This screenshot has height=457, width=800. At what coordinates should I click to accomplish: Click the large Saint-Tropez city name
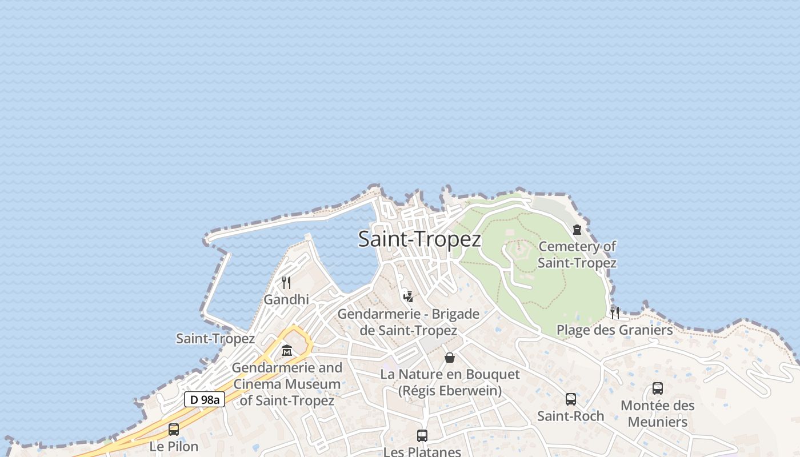419,239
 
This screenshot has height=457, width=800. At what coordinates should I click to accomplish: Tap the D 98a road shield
205,399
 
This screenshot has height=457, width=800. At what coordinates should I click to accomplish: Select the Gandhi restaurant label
286,299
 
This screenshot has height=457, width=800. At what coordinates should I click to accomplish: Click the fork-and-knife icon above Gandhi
286,282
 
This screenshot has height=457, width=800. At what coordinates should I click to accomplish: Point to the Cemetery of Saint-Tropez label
577,255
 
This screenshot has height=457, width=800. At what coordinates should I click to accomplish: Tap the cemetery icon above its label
577,230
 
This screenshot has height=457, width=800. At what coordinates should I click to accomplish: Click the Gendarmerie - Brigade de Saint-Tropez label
408,322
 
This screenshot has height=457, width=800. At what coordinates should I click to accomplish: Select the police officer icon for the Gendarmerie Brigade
408,296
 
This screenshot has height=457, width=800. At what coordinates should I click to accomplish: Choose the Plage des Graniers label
614,330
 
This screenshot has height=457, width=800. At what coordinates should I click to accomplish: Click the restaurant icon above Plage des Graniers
615,312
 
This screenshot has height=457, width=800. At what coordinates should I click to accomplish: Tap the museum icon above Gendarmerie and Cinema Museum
287,350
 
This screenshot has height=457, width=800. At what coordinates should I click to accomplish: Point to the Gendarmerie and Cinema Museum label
287,384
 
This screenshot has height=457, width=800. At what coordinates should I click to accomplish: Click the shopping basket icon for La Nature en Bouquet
450,358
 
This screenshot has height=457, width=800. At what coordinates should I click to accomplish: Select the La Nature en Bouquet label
450,383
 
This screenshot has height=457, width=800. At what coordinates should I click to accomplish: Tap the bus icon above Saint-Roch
571,399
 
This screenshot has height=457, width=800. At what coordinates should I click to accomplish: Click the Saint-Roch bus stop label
570,416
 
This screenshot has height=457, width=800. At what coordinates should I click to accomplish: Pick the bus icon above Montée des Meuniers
658,388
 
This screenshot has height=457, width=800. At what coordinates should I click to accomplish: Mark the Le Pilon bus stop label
174,446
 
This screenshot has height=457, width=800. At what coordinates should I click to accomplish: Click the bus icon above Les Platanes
422,436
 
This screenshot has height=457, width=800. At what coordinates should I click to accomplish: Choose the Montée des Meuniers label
658,414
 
